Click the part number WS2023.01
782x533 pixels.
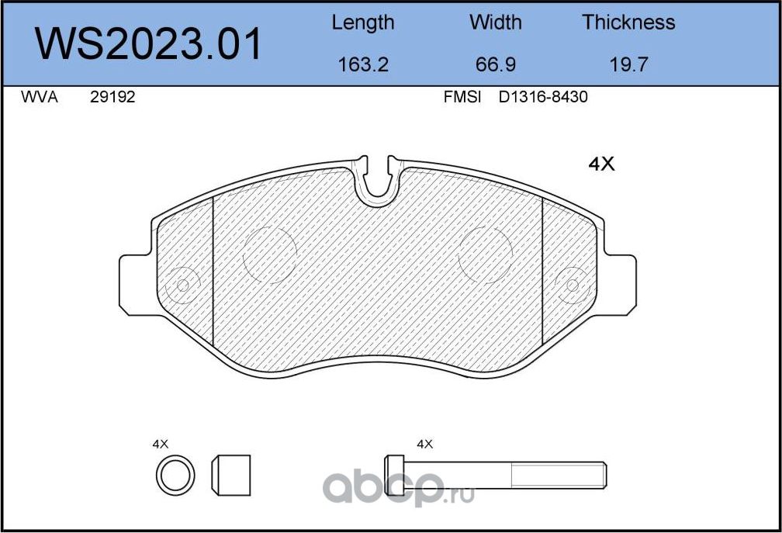(148, 44)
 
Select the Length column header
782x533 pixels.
(363, 23)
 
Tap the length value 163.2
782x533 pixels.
(363, 64)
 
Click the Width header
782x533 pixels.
(495, 22)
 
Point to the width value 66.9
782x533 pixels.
(495, 64)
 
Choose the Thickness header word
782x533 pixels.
(628, 22)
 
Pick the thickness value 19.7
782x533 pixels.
(628, 64)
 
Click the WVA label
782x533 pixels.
(40, 97)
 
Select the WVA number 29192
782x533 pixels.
(112, 97)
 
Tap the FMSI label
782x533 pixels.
(462, 97)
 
